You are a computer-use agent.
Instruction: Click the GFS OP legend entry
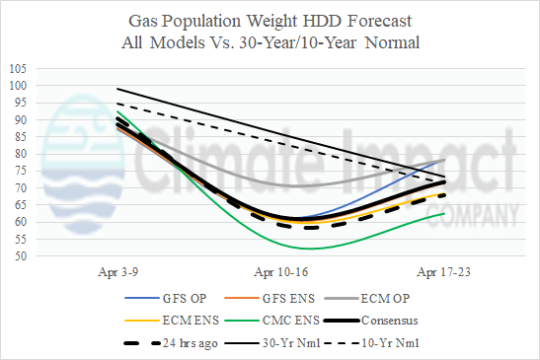coord(166,298)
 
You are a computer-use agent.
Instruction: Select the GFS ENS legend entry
coord(270,298)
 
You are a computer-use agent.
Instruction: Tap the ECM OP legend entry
coord(367,298)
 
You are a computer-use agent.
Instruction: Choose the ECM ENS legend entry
coord(172,321)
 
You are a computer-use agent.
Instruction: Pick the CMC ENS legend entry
coord(272,321)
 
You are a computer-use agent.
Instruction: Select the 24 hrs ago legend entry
coord(171,343)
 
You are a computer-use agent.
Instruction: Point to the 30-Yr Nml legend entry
coord(272,343)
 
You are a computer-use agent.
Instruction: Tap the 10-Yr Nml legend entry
coord(372,343)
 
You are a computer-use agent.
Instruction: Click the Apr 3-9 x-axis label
coord(118,272)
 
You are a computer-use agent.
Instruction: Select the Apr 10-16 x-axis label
coord(281,272)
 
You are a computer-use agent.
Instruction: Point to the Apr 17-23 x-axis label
coord(443,272)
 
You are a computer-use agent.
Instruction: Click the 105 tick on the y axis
coord(18,69)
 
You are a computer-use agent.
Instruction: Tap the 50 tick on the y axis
coord(20,256)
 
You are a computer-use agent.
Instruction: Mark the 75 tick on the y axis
coord(20,171)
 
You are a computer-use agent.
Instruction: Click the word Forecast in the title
coord(379,21)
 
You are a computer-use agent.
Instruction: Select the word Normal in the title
coord(392,43)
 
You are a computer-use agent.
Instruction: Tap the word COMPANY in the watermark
coord(473,215)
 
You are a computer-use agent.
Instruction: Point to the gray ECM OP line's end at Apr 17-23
coord(444,160)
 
